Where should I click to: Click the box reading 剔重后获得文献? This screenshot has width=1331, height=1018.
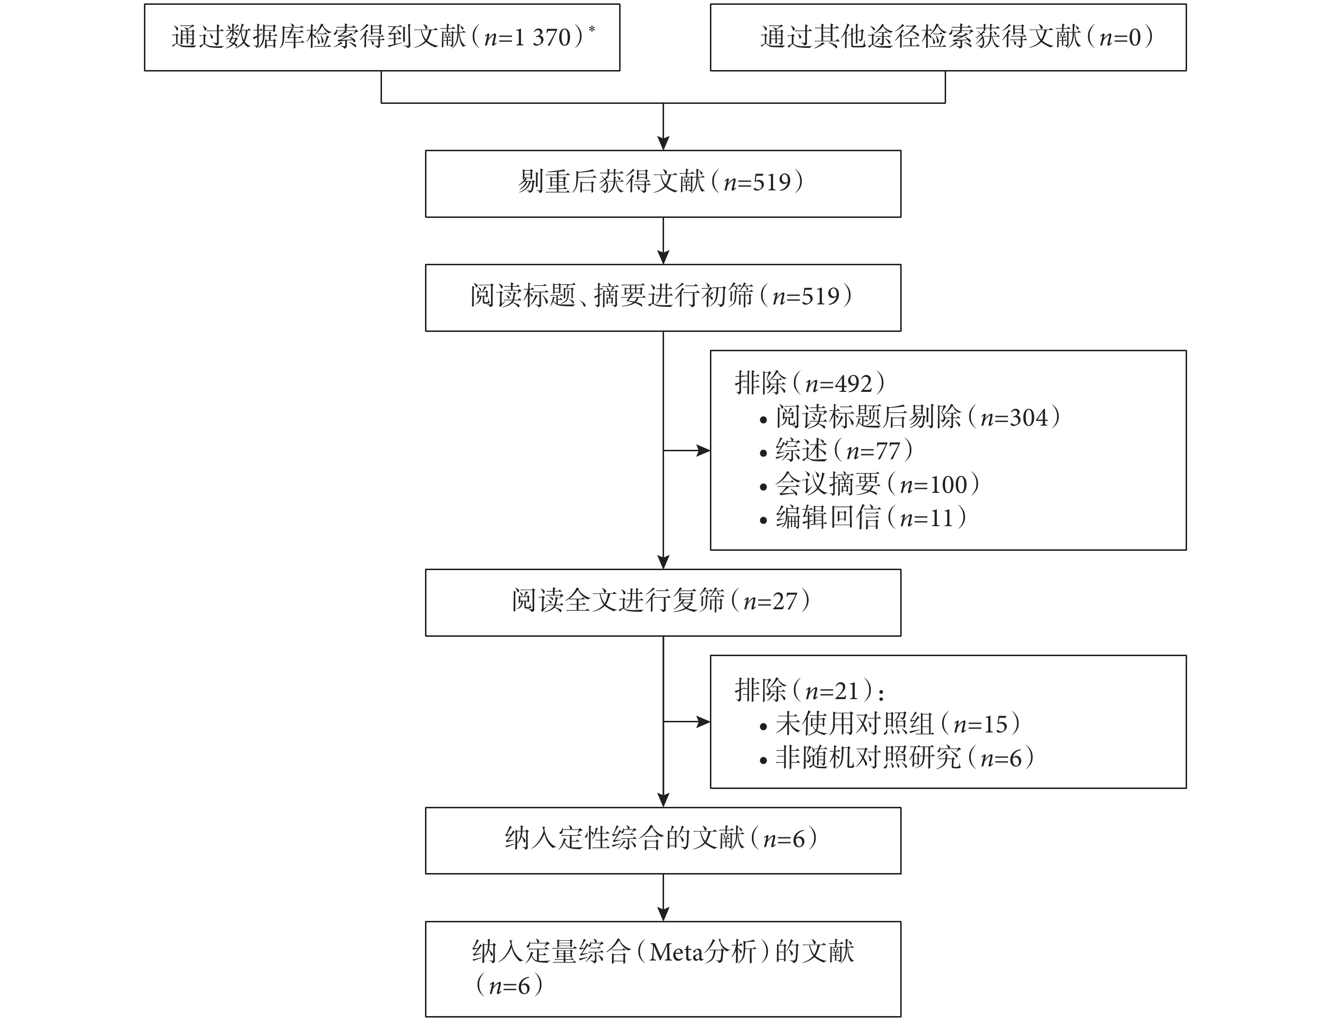coord(663,184)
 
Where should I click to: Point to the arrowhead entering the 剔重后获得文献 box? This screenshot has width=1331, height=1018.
coord(663,143)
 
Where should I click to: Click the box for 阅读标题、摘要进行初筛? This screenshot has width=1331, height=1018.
coord(663,298)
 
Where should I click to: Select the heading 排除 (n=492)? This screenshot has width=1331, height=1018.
coord(809,383)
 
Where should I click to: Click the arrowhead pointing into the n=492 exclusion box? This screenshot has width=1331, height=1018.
coord(703,450)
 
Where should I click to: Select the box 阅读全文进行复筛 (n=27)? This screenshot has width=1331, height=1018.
coord(663,602)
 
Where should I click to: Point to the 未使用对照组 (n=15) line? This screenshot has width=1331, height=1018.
coord(890,723)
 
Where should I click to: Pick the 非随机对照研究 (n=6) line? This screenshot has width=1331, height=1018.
coord(896,757)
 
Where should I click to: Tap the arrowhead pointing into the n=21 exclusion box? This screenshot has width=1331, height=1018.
coord(703,722)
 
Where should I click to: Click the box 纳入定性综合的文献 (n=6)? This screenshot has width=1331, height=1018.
coord(663,841)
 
